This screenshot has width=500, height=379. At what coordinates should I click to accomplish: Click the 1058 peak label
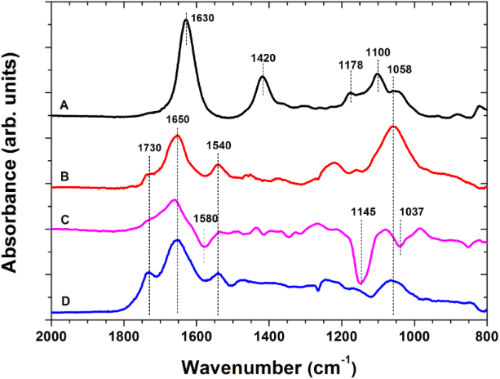400,69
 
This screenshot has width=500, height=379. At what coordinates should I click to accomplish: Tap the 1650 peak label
178,119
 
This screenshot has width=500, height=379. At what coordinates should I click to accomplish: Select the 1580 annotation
206,219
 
